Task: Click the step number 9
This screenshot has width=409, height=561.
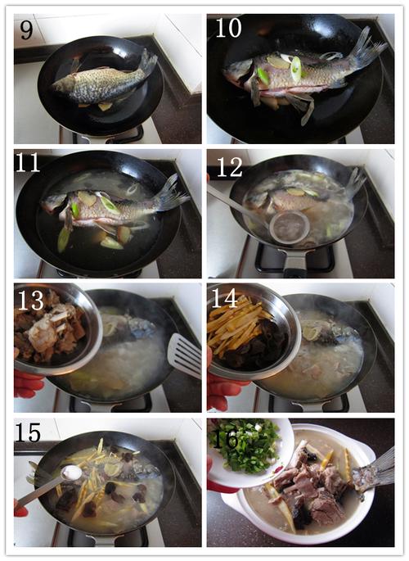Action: click(x=26, y=29)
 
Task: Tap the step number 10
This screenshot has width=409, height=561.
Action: click(x=228, y=28)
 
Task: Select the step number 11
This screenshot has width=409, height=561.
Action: click(x=27, y=163)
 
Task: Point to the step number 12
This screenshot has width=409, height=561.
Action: click(x=230, y=167)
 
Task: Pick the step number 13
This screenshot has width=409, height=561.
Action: click(x=31, y=301)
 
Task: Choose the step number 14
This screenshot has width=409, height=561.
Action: click(x=224, y=298)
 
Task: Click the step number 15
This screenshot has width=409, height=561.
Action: click(x=28, y=433)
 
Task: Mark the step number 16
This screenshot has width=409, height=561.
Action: click(x=225, y=439)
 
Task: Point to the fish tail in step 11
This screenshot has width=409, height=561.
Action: click(x=171, y=193)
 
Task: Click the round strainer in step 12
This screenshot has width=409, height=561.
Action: click(x=290, y=227)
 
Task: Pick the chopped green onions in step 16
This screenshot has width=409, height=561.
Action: click(x=245, y=445)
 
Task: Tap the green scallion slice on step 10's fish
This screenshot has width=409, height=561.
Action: click(x=296, y=69)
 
